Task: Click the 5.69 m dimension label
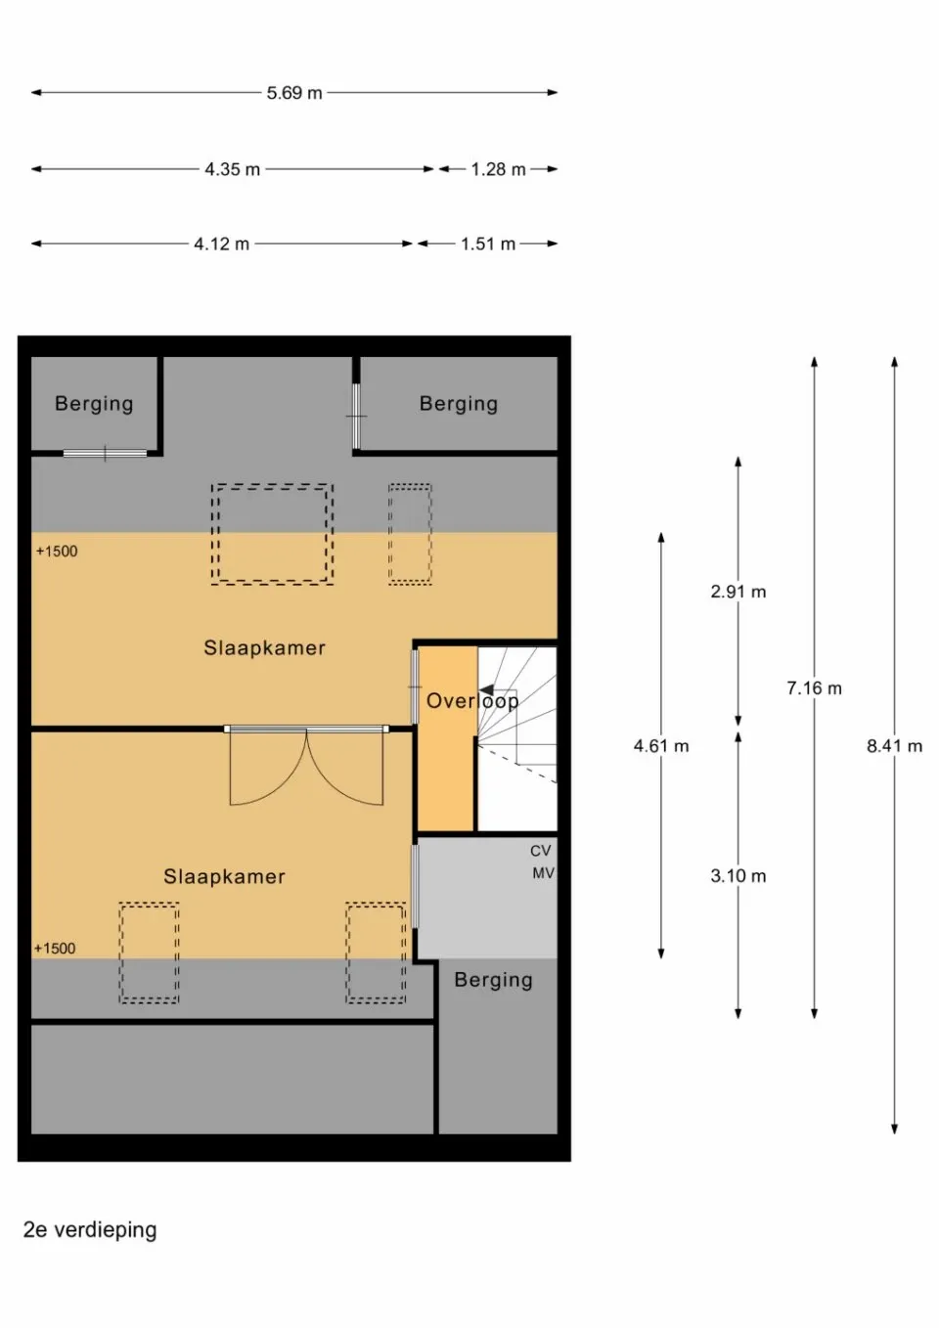tap(294, 93)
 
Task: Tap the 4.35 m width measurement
tap(232, 169)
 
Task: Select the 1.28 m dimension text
tap(498, 169)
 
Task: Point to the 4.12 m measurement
tap(221, 243)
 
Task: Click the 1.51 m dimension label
tap(488, 243)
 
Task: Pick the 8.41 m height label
tap(894, 746)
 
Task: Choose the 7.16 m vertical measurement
tap(814, 688)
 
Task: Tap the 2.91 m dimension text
tap(738, 592)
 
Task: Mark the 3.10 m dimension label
tap(738, 876)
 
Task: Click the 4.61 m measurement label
tap(661, 746)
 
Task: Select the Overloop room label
tap(472, 700)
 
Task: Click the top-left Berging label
tap(94, 403)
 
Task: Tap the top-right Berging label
tap(459, 403)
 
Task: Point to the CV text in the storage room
tap(541, 851)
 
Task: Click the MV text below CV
tap(543, 872)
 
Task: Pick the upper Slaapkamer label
tap(264, 647)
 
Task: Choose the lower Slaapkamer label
tap(224, 877)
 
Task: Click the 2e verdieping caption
tap(90, 1229)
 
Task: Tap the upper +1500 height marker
tap(57, 552)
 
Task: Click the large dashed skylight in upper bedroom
tap(272, 534)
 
